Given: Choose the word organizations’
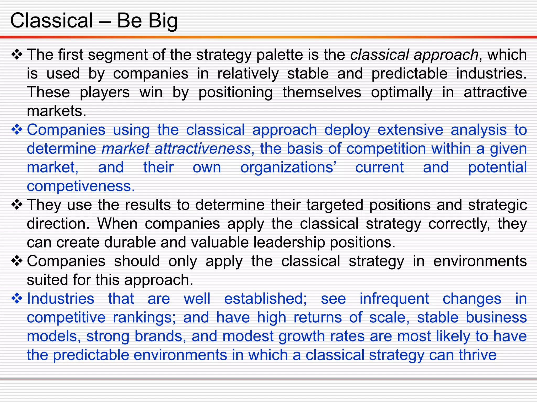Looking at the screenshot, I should (288, 168).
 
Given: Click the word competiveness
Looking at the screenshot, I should (81, 187).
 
